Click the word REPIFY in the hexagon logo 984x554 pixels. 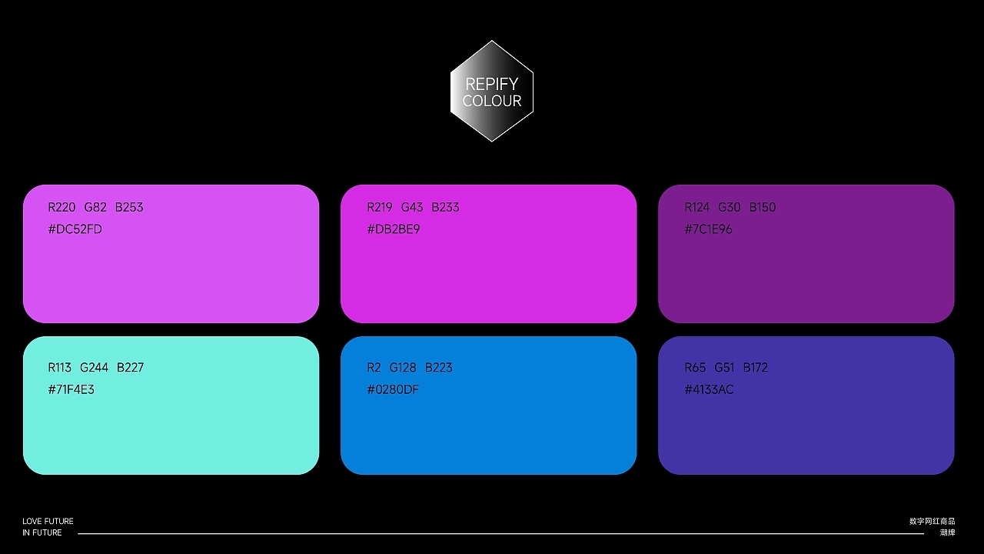492,84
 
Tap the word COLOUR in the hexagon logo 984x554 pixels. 492,101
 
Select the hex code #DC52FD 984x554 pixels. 75,229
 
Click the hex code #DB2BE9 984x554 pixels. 394,229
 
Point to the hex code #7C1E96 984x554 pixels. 709,229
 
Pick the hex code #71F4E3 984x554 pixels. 71,389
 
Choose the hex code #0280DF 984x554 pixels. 393,389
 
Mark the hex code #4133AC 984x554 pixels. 709,389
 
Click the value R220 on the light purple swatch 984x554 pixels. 61,207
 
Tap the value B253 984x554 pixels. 129,207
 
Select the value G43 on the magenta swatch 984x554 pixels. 412,207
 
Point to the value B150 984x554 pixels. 763,207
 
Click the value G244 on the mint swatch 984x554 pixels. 95,367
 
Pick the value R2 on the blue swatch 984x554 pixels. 374,367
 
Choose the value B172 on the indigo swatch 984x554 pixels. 756,367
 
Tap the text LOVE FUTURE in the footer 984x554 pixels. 48,522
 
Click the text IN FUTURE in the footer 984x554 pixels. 42,532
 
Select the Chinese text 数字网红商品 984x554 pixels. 932,522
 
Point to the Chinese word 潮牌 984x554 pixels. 947,532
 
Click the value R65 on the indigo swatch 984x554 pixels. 695,367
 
